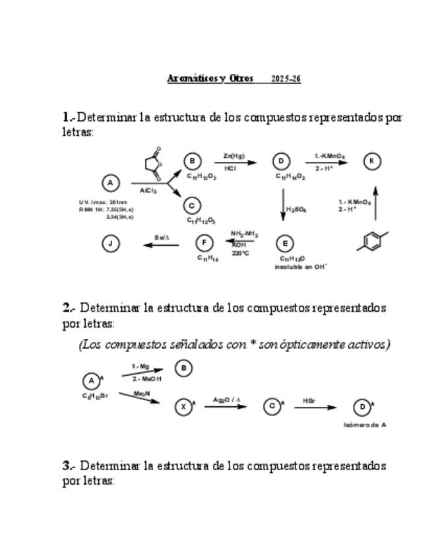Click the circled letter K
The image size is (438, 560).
[x=373, y=161]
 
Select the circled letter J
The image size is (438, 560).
[x=110, y=244]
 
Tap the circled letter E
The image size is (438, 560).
[x=284, y=244]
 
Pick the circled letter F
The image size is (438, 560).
[x=204, y=244]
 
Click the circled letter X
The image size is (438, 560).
[x=183, y=407]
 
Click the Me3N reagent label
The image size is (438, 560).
[x=140, y=394]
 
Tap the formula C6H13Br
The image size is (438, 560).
[x=92, y=396]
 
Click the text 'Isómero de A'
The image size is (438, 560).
[x=365, y=425]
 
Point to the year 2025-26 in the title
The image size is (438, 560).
[x=286, y=79]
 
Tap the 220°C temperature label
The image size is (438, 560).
[x=240, y=252]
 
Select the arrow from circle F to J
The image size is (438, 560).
[x=161, y=245]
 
